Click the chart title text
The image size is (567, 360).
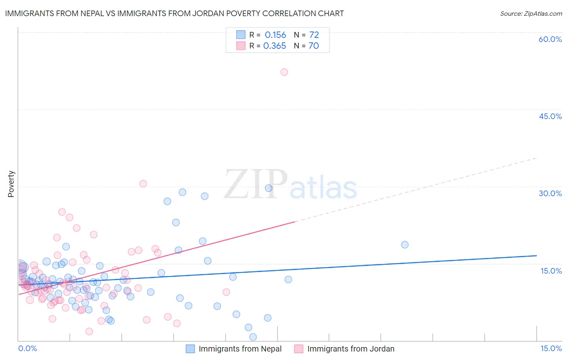point(174,13)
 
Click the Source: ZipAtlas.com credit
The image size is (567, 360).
point(531,13)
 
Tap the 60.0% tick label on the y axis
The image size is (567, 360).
point(550,39)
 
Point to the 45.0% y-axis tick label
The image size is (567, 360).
point(550,116)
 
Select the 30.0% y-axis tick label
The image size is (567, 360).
point(550,193)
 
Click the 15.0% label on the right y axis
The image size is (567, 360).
point(551,270)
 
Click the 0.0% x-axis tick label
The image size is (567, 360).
point(27,348)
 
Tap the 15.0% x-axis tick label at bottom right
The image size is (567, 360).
point(551,348)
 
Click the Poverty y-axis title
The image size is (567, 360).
point(11,184)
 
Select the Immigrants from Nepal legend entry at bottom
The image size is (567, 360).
point(240,349)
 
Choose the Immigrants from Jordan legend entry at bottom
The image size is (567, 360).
point(350,349)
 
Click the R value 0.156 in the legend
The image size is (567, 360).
point(275,35)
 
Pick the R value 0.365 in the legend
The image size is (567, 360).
point(275,46)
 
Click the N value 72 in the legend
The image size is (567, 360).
point(314,35)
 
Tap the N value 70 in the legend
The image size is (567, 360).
point(313,46)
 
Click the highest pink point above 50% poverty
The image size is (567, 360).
point(284,72)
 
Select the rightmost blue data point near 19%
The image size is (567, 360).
point(404,245)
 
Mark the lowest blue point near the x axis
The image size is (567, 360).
point(253,337)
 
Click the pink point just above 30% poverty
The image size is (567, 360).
point(143,184)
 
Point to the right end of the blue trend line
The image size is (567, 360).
point(536,255)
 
